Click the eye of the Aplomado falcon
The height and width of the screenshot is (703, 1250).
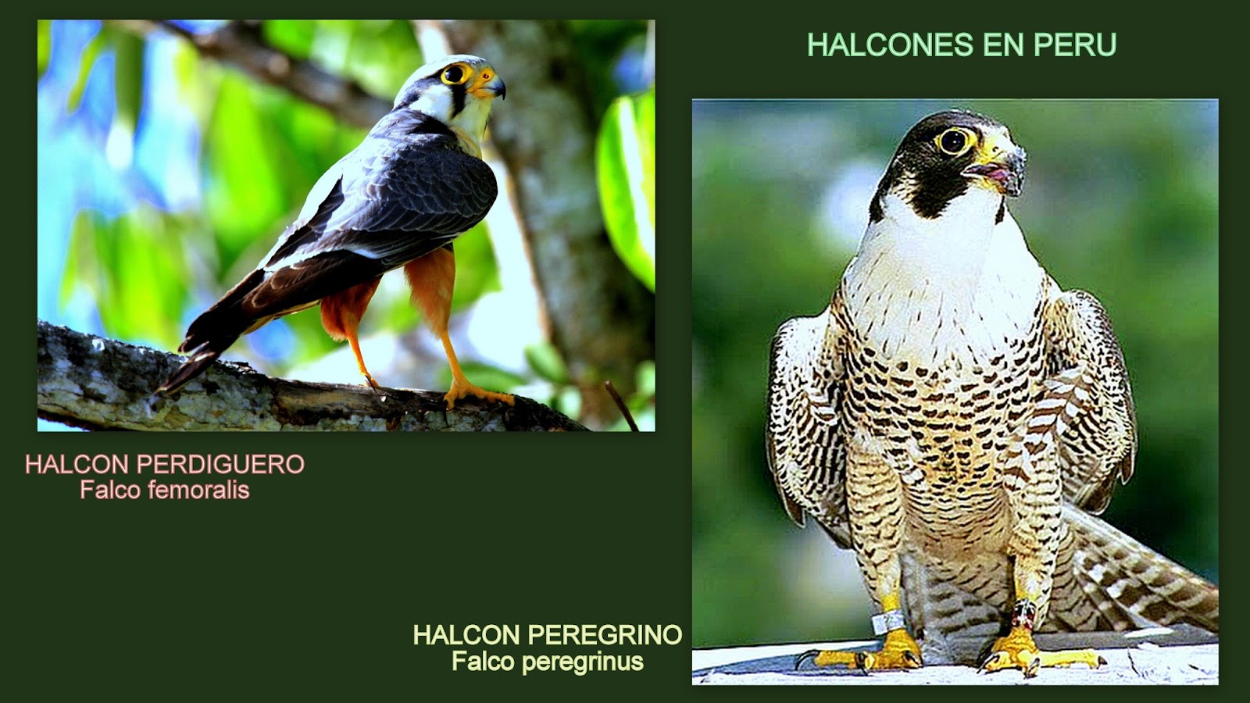tap(453, 75)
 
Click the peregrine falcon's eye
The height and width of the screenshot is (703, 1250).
tap(952, 141)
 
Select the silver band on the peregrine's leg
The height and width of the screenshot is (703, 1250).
tap(890, 622)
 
